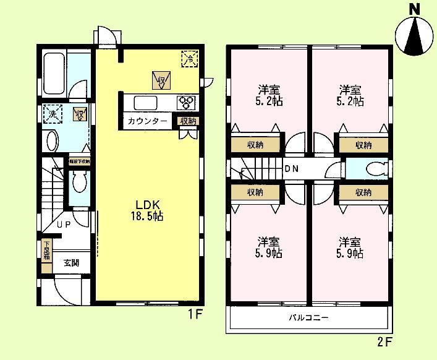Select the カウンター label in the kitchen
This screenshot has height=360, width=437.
pos(147,121)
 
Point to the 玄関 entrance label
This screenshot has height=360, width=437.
pos(71,262)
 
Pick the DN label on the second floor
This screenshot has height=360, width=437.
pos(292,169)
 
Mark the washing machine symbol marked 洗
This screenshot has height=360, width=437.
pos(53,114)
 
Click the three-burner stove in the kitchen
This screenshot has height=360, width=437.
pos(187,102)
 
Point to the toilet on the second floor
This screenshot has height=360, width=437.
pos(375,169)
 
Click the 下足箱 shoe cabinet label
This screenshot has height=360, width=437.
pos(47,251)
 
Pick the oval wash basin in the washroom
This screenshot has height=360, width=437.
pos(53,140)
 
